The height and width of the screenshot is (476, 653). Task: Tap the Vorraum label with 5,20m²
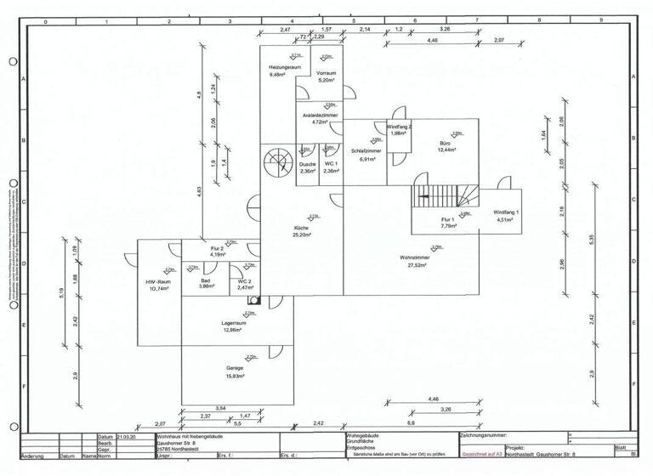pos(326,74)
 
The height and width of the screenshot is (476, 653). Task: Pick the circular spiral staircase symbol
pos(277,161)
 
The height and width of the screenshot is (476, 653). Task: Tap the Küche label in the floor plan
pos(301,229)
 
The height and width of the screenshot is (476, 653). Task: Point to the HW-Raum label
pos(159,281)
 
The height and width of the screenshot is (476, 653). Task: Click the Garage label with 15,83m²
pos(235,368)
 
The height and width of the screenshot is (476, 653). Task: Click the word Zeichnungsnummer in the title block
pos(490,435)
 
